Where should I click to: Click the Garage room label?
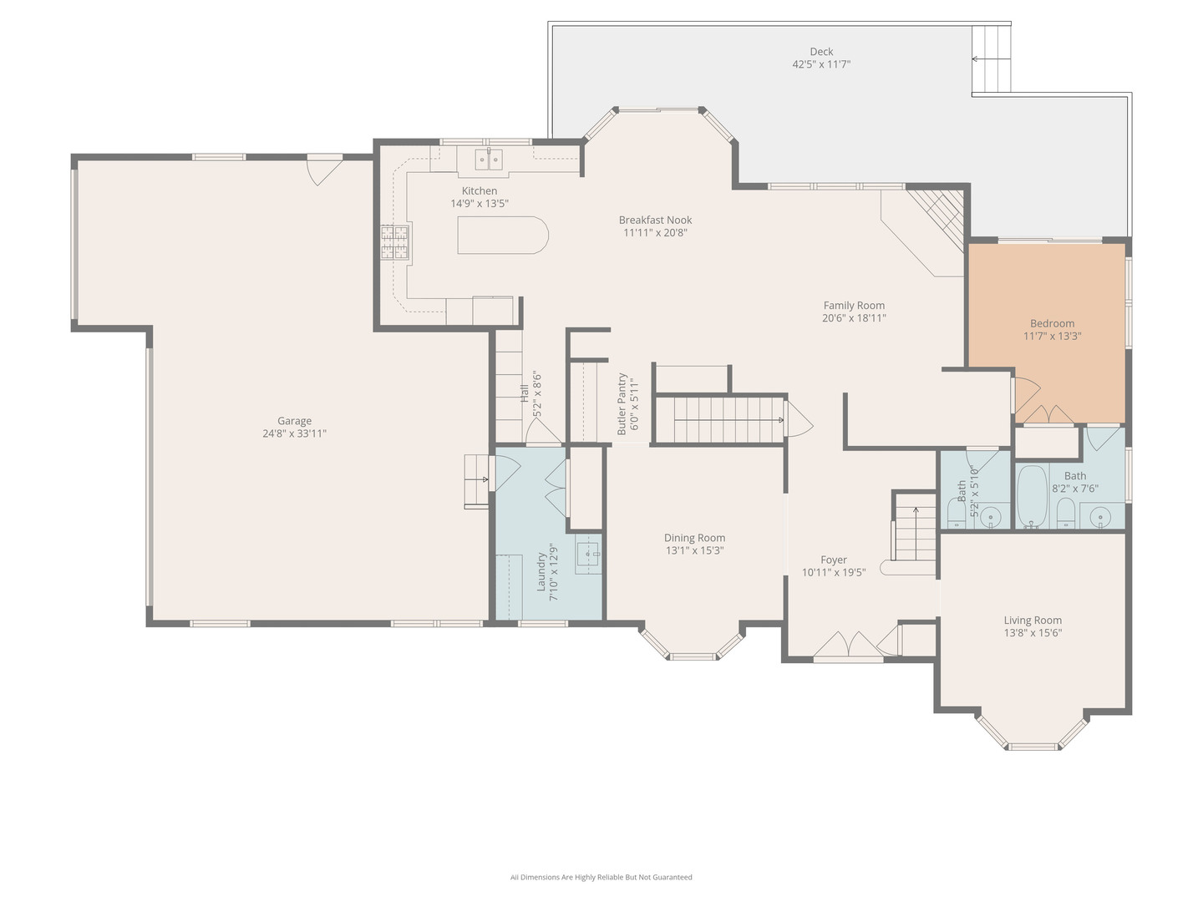click(294, 421)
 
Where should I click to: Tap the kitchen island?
click(502, 235)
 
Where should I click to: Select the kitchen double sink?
click(488, 159)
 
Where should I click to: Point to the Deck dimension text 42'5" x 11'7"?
click(821, 64)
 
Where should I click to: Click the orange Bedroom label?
click(1052, 323)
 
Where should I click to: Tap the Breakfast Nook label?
click(655, 220)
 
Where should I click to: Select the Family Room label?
click(854, 306)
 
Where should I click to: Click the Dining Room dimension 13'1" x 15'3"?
click(694, 550)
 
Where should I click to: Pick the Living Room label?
click(1033, 620)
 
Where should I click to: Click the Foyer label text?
click(834, 560)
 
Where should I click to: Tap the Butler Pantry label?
click(622, 403)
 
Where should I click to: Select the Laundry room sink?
click(588, 554)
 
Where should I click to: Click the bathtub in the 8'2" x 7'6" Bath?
click(1033, 497)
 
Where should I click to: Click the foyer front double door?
click(849, 646)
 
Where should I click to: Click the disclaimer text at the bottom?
click(601, 877)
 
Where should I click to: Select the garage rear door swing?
click(324, 170)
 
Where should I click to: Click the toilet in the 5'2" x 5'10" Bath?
click(957, 512)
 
